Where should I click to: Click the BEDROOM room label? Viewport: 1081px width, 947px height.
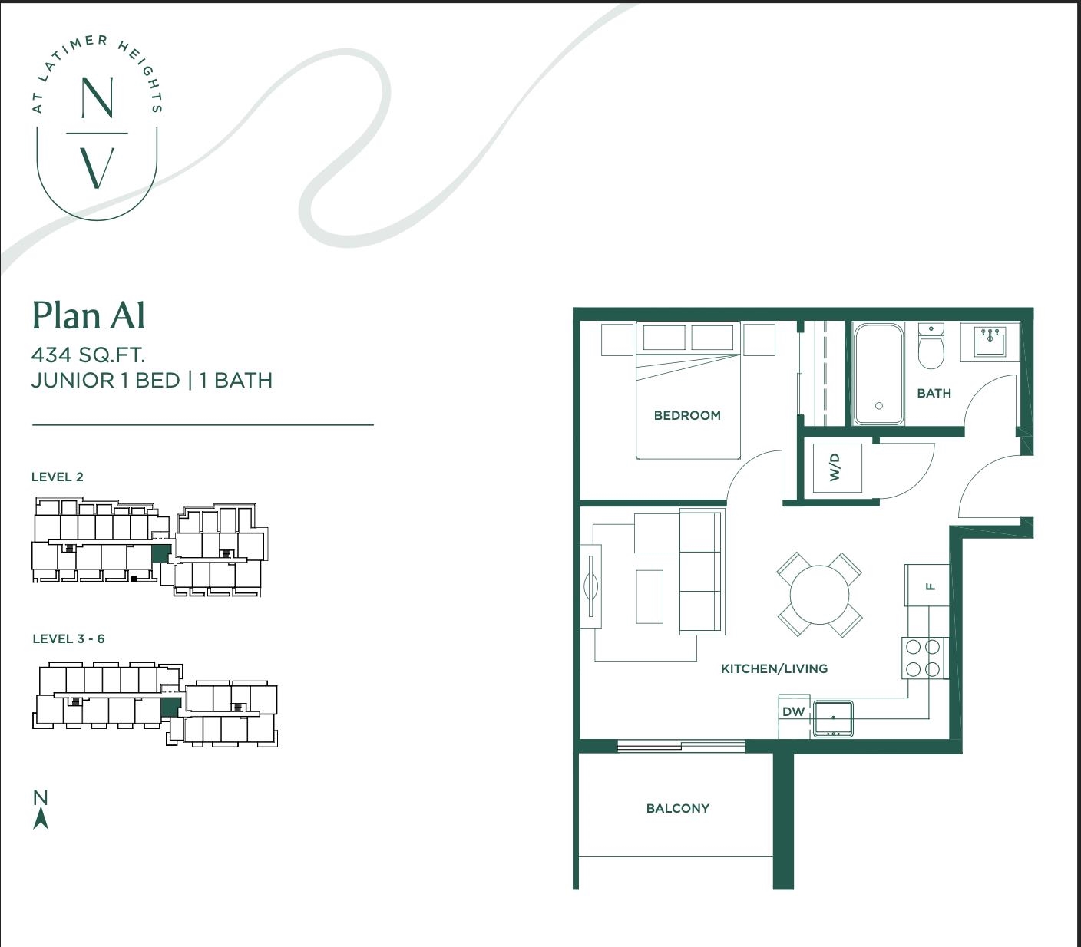coord(687,415)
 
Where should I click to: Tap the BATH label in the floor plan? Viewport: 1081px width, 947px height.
coord(934,393)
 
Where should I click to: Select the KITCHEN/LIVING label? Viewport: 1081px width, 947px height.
coord(774,668)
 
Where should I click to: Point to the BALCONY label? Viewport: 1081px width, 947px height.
coord(678,808)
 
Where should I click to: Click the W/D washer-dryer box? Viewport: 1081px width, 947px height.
coord(837,468)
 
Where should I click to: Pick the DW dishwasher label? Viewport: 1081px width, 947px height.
coord(793,711)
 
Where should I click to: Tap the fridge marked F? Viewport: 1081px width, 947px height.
coord(927,586)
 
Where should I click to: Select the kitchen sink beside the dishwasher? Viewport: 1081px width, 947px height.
coord(833,718)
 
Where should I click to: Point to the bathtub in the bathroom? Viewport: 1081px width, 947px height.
coord(879,374)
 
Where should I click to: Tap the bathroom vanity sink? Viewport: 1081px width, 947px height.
coord(990,342)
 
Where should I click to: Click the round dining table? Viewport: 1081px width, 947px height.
coord(819,594)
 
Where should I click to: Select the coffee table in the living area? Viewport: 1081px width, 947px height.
coord(650,596)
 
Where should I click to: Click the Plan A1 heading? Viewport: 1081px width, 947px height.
coord(88,315)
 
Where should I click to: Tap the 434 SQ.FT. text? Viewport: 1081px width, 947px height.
coord(88,355)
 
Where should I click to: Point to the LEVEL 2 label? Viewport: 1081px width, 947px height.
coord(57,477)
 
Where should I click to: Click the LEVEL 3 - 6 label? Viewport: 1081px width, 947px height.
coord(68,638)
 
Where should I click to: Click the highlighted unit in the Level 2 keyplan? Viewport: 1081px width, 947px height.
coord(160,553)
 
